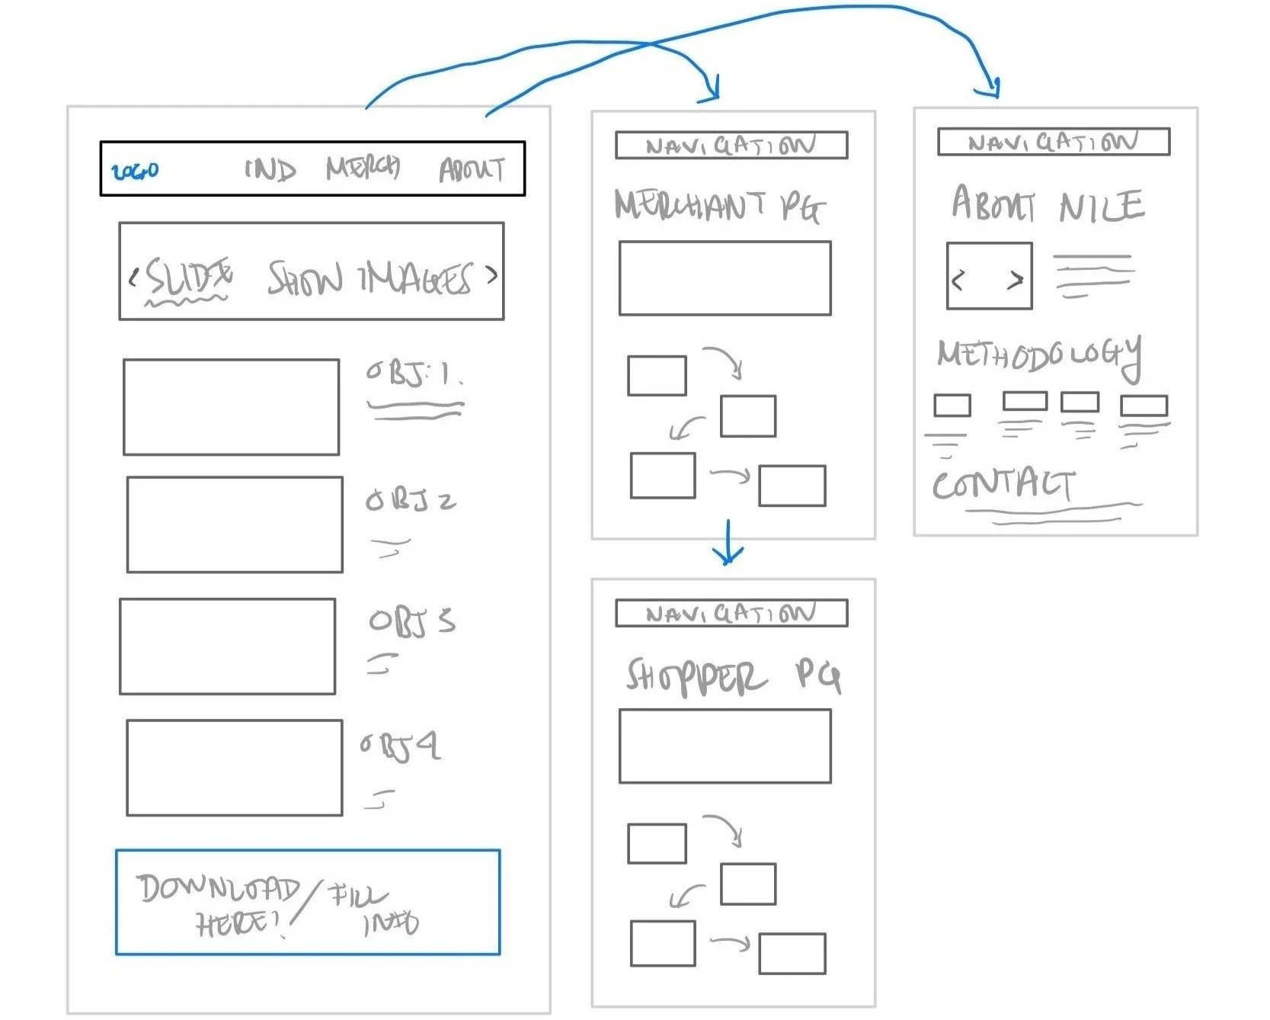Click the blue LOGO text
pos(135,171)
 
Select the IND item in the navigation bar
pos(270,168)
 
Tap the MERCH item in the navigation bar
pos(363,167)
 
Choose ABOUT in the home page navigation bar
pos(472,169)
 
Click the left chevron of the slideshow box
pos(133,277)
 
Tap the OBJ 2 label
pos(410,500)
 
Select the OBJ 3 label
pos(411,621)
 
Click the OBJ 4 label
pos(400,746)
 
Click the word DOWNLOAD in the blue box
pos(218,889)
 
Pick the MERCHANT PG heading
pos(718,206)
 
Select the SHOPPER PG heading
pos(732,676)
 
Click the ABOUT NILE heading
pos(1047,204)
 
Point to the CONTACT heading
pos(1003,485)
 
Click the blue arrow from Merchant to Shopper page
pos(728,543)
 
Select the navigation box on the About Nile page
pos(1053,142)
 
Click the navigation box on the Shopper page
pos(731,613)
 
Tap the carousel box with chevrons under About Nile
pos(989,276)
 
